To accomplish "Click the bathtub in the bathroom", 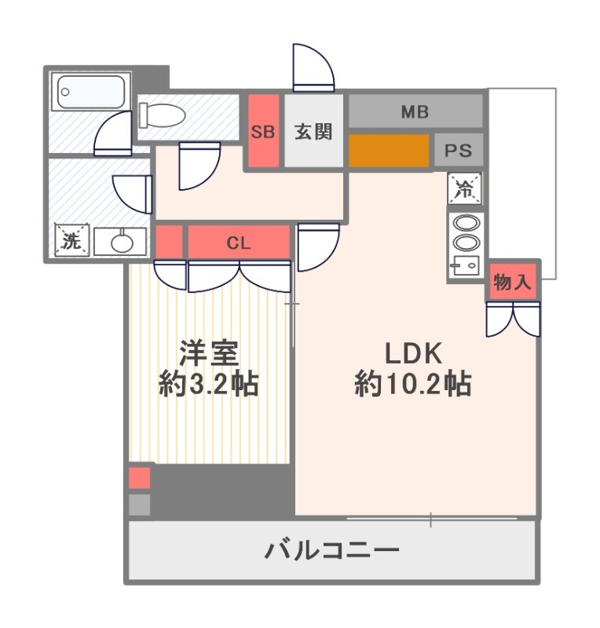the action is pos(91,92).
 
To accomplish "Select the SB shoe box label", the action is pos(263,132).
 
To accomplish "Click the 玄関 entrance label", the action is pos(313,132).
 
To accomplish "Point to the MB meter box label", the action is pos(415,111).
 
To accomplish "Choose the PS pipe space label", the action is pos(459,151).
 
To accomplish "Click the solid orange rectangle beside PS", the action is pos(389,151).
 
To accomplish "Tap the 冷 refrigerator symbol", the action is pos(464,188).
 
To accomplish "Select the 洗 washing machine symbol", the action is pos(71,241).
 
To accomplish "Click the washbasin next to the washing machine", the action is pos(121,243).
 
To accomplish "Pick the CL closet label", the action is pos(239,243).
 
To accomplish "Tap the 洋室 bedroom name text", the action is pos(207,354).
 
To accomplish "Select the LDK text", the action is pos(414,352).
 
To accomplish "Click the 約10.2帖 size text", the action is pos(413,384).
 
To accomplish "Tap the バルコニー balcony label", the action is pos(331,549).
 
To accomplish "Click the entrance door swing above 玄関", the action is pos(312,68).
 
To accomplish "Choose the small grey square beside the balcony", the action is pos(139,504).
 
